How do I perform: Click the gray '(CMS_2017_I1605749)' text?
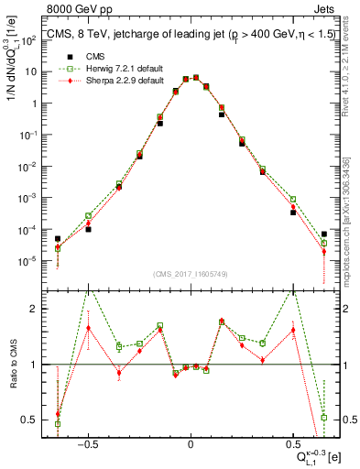[x=190, y=274]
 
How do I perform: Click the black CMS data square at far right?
[x=324, y=234]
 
